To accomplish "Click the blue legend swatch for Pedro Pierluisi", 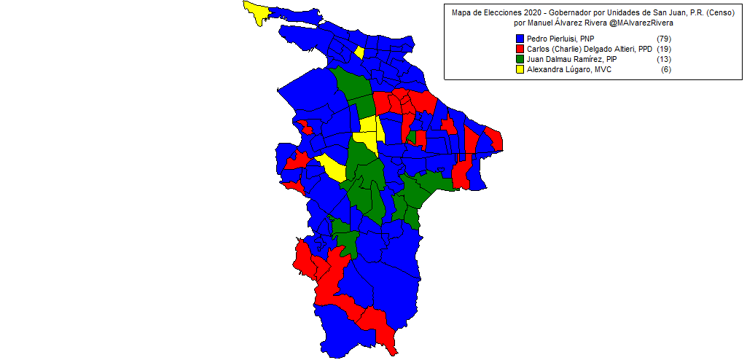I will click(x=520, y=38).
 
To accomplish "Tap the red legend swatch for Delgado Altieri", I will click(x=520, y=49).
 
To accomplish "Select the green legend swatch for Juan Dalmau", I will click(x=520, y=59).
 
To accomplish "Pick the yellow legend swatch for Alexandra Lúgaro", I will click(x=520, y=70).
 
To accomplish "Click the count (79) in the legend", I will click(x=663, y=38).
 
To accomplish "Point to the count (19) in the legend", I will click(x=663, y=49).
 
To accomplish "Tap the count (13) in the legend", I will click(x=663, y=59).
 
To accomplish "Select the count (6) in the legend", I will click(x=665, y=70).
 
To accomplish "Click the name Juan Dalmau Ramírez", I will click(x=563, y=59).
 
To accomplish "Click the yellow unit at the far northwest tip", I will click(x=256, y=10).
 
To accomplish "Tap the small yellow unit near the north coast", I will click(x=359, y=52).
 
